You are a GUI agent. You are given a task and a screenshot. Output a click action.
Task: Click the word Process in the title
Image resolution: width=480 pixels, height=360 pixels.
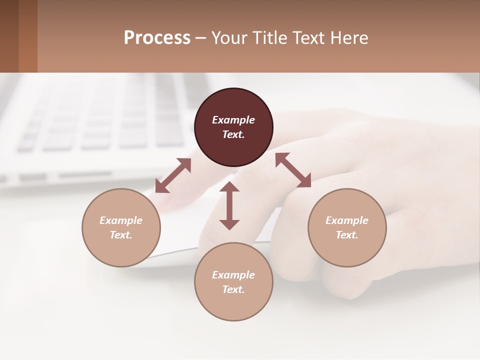(157, 38)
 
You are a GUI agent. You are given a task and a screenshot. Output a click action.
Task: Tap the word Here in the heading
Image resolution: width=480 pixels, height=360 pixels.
(348, 38)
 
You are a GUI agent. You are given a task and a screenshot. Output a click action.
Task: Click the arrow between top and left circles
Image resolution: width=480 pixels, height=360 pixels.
(173, 175)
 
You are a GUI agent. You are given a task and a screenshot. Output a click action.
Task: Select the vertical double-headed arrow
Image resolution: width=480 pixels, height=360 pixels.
(229, 205)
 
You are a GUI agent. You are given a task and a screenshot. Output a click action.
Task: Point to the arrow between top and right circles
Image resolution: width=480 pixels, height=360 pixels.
(293, 170)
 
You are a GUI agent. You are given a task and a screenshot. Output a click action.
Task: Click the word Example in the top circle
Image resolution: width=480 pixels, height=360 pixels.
(233, 120)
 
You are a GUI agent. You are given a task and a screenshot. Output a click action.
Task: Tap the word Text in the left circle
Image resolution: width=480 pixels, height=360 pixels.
(121, 235)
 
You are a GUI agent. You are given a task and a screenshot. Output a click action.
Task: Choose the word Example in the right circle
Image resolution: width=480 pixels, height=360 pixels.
(347, 220)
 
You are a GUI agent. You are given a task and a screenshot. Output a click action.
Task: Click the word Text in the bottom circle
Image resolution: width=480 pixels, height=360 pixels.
(233, 289)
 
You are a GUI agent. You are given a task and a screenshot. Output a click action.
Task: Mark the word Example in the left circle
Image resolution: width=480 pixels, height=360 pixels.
(121, 220)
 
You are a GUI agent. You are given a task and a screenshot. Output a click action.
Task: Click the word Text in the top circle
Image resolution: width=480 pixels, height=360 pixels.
(233, 134)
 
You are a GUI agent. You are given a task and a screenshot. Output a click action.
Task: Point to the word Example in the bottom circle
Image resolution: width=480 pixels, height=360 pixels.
(233, 275)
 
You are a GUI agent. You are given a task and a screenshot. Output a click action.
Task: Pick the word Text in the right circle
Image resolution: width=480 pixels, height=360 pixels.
(347, 235)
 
